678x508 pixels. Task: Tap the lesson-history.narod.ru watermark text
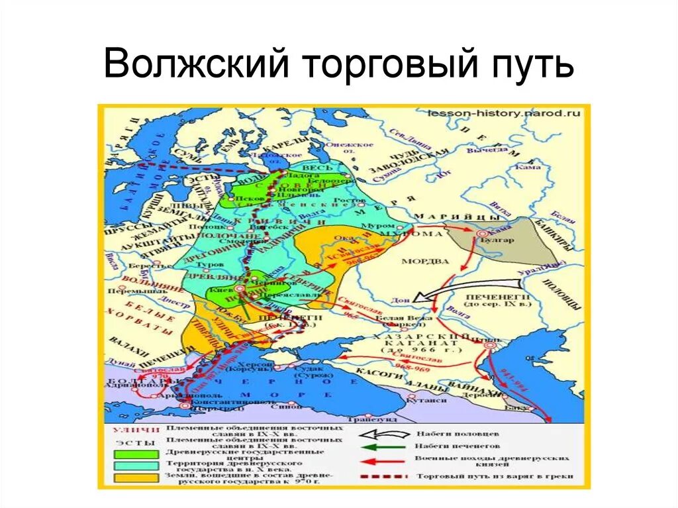505,113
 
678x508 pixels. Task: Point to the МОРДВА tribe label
422,260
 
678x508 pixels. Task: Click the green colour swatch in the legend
136,454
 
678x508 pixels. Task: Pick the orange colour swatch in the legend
136,477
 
